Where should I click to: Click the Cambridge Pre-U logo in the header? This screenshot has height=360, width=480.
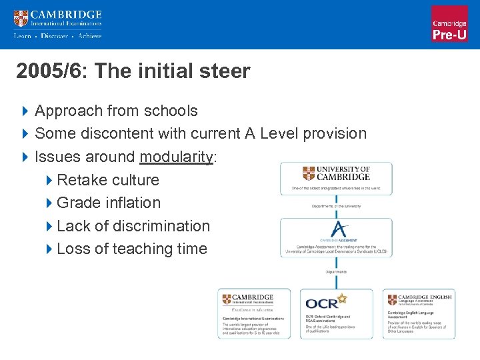[x=449, y=24]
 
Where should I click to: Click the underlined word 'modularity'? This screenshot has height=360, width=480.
[x=176, y=157]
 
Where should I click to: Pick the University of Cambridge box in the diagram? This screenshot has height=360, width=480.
[x=336, y=178]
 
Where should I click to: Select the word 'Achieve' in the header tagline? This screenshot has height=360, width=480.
[x=89, y=36]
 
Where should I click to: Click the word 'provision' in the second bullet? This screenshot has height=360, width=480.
[x=335, y=133]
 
